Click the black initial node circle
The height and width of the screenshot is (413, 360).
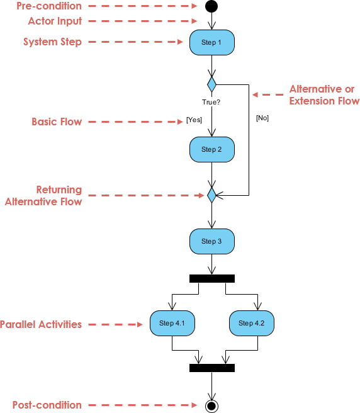[x=211, y=6]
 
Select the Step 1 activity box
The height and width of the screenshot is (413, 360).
[x=211, y=43]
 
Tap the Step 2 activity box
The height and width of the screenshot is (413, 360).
[x=211, y=150]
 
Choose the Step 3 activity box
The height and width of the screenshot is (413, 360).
[x=211, y=241]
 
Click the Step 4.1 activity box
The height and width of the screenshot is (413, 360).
[x=172, y=323]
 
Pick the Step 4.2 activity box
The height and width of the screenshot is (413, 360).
[x=251, y=323]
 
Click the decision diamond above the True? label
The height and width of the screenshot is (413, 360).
[x=211, y=84]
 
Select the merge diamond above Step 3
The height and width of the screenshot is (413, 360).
[x=211, y=195]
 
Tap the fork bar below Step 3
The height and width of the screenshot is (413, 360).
[x=211, y=278]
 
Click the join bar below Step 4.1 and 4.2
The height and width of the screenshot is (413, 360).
[x=211, y=368]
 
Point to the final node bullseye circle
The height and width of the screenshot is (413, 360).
[x=211, y=406]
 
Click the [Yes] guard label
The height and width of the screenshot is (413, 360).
[x=194, y=120]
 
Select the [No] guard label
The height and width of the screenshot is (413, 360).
[x=262, y=118]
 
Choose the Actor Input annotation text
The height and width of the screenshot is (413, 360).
[x=55, y=21]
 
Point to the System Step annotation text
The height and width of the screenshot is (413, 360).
[x=52, y=42]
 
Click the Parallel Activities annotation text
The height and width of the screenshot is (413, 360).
[x=41, y=325]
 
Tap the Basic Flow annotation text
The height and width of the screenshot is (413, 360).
[x=57, y=122]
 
